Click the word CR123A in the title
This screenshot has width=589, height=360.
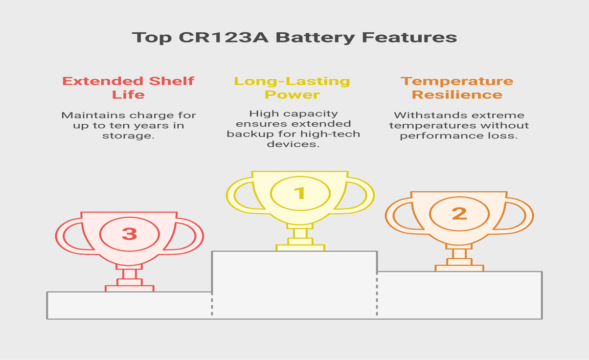tap(223, 37)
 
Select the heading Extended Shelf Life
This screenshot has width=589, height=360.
tap(128, 87)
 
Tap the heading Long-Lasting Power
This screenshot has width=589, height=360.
tap(292, 87)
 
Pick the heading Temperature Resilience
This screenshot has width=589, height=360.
tap(457, 87)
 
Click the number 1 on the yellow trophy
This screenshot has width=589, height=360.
tap(300, 193)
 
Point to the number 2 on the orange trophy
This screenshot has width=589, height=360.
tap(459, 214)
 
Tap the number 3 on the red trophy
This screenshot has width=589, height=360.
tap(129, 234)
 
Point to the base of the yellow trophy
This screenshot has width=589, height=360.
tap(300, 247)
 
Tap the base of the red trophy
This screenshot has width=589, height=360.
tap(129, 288)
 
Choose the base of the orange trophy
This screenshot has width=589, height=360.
tap(459, 268)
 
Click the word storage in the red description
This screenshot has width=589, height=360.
tap(128, 136)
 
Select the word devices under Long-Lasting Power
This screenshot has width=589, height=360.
tap(293, 144)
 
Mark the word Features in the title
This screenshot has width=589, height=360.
tap(410, 37)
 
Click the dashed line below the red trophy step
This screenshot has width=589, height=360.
tap(212, 305)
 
